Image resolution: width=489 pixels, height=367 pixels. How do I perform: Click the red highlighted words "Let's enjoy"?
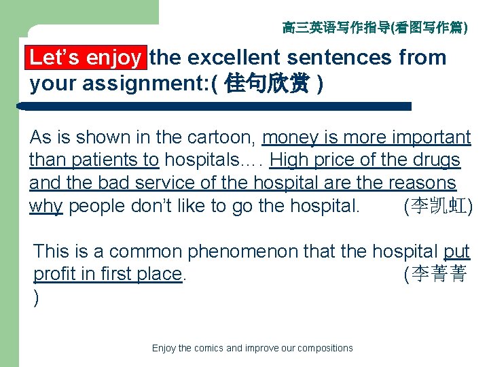86,58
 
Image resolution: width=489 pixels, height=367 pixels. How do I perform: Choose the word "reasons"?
422,183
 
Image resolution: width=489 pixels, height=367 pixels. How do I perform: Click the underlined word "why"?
46,207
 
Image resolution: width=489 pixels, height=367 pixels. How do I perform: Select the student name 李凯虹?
438,207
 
